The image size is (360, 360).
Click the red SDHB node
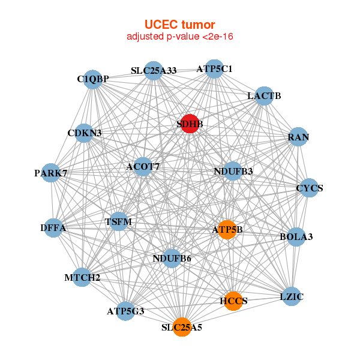(x=190, y=124)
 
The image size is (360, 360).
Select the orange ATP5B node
(x=227, y=229)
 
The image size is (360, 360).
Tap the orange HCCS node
(x=233, y=301)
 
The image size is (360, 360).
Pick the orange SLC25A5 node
(x=182, y=327)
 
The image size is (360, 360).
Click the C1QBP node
(x=92, y=79)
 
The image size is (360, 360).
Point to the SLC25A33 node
(x=154, y=70)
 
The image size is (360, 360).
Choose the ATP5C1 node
(x=214, y=68)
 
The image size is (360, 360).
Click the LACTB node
(x=264, y=96)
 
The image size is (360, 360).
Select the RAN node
(x=298, y=137)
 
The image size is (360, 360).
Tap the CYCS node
(x=309, y=188)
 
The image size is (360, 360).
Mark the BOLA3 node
(x=296, y=237)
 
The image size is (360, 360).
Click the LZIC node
(x=292, y=296)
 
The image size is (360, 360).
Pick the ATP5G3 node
(x=125, y=311)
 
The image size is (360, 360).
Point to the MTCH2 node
(x=82, y=277)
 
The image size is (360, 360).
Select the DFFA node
(x=53, y=228)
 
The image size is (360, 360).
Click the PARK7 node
(x=51, y=173)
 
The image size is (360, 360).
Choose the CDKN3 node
(x=84, y=133)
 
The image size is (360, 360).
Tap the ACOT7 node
(x=142, y=166)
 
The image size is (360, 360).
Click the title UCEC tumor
(x=179, y=25)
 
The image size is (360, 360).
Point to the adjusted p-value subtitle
(x=179, y=37)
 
